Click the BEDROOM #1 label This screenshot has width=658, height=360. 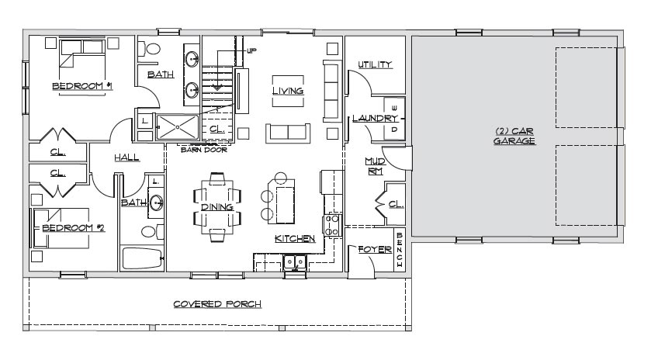(82, 86)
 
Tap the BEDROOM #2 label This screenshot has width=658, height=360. (74, 228)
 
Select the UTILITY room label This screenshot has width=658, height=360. (375, 64)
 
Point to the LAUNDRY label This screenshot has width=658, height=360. (375, 119)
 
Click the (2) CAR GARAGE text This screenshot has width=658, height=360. (514, 136)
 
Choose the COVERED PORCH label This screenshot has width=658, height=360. (217, 304)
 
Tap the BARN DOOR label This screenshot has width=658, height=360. (204, 150)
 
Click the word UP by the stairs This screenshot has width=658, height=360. (251, 50)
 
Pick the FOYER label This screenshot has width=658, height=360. (375, 250)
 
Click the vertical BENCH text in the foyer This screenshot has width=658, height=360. (399, 250)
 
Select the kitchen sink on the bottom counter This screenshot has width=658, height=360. (295, 262)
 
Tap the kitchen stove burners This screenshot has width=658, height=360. (332, 225)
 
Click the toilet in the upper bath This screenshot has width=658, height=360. (150, 49)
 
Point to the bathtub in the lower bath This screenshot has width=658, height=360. (142, 258)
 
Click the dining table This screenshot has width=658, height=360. (217, 207)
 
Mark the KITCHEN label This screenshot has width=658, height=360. (295, 238)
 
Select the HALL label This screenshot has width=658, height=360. (126, 157)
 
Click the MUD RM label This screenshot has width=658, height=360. (375, 166)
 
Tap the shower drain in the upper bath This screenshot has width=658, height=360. (178, 126)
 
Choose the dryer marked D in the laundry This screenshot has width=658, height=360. (394, 130)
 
